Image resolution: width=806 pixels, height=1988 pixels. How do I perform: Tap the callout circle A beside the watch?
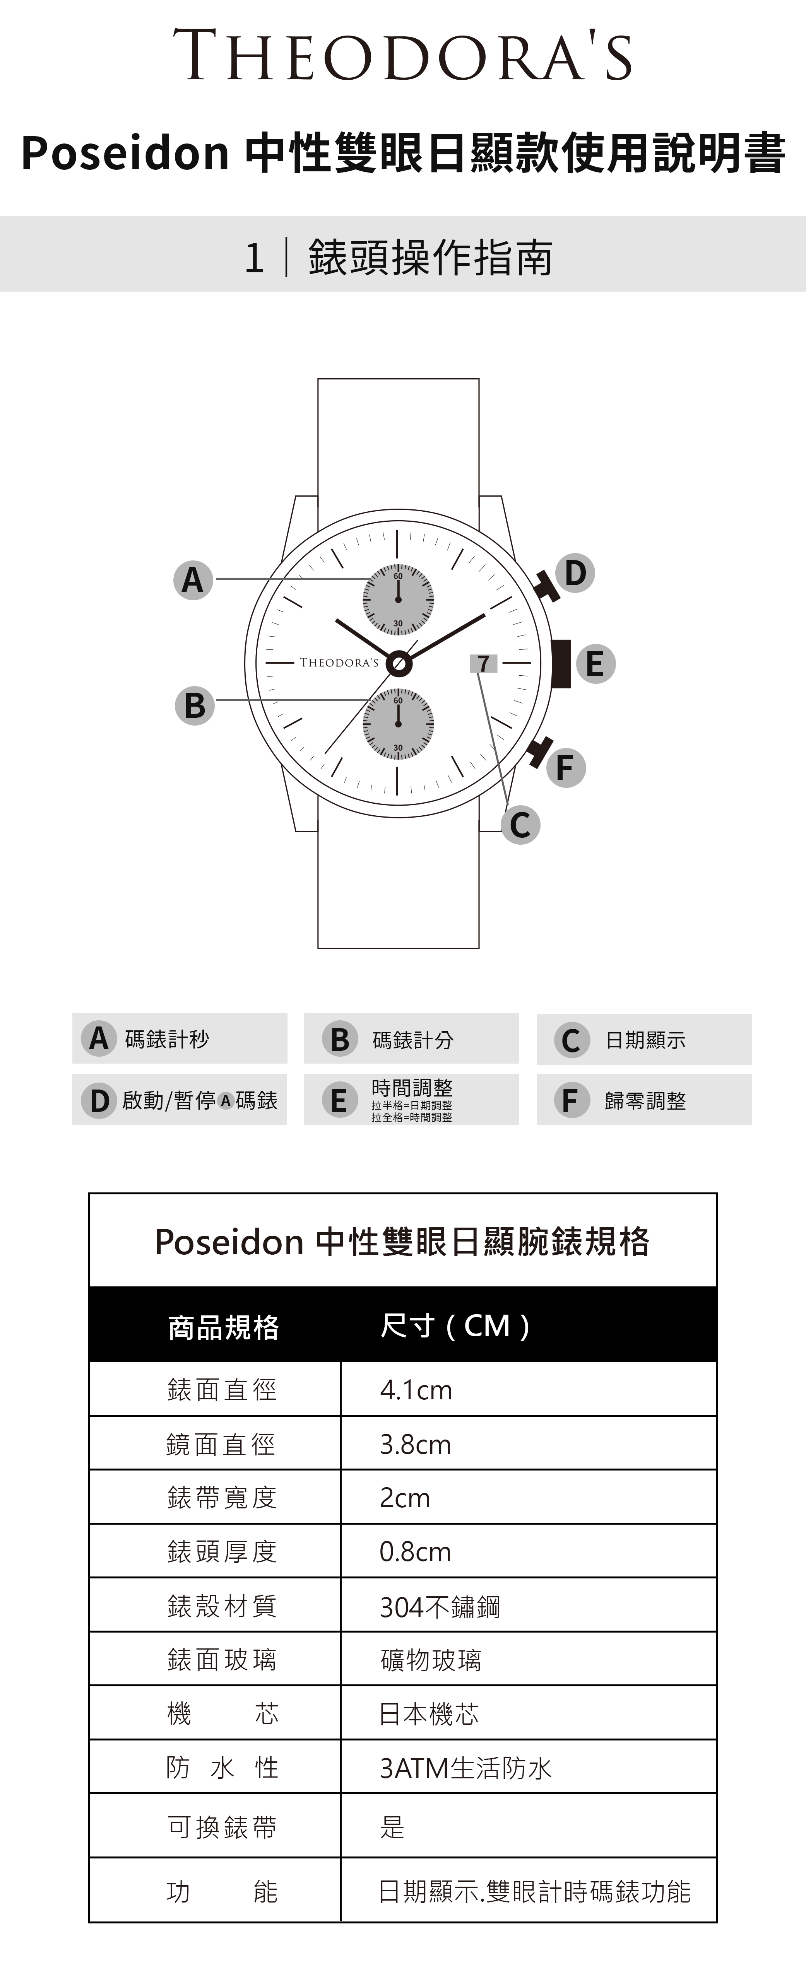pyautogui.click(x=193, y=580)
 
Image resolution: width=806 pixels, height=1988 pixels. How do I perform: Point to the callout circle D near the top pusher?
pyautogui.click(x=575, y=573)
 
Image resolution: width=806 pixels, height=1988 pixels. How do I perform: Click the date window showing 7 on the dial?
pyautogui.click(x=483, y=663)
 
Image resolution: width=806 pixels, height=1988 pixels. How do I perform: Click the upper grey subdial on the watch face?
pyautogui.click(x=399, y=599)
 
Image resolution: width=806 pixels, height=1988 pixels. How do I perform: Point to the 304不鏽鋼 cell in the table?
pyautogui.click(x=440, y=1607)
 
